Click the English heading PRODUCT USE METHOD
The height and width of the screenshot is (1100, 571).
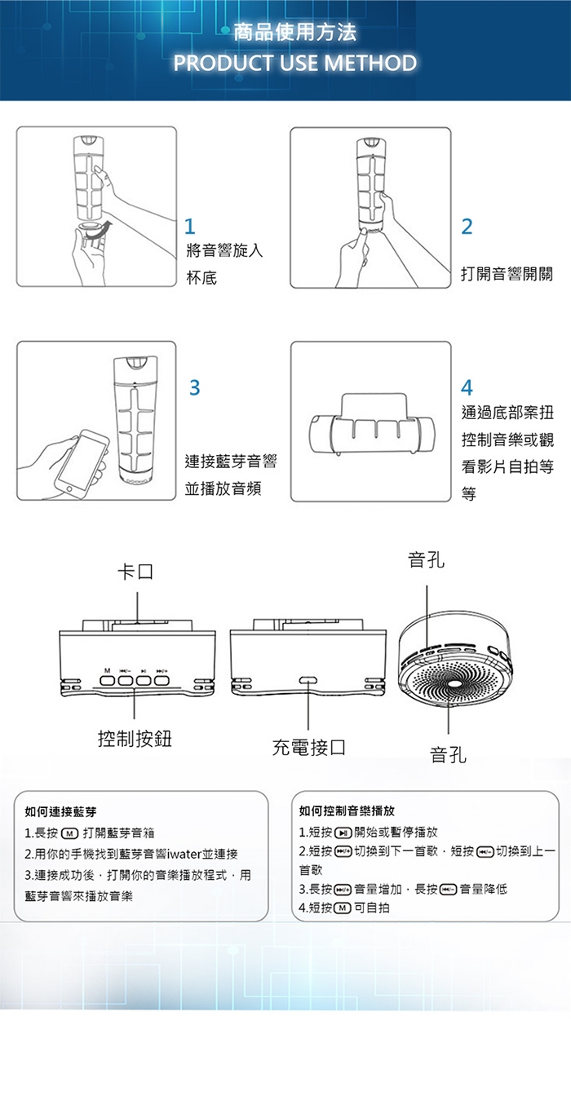[x=294, y=63]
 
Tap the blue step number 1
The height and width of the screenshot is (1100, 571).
[x=190, y=226]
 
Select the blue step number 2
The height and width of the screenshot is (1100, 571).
[x=466, y=227]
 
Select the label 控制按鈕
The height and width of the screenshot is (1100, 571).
[x=135, y=739]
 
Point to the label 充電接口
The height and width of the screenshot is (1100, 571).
[x=308, y=746]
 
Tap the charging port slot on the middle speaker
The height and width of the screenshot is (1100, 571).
[x=308, y=680]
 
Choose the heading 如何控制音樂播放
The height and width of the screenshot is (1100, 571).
[x=347, y=811]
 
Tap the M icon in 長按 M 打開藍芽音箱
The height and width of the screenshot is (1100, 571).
[x=69, y=833]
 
